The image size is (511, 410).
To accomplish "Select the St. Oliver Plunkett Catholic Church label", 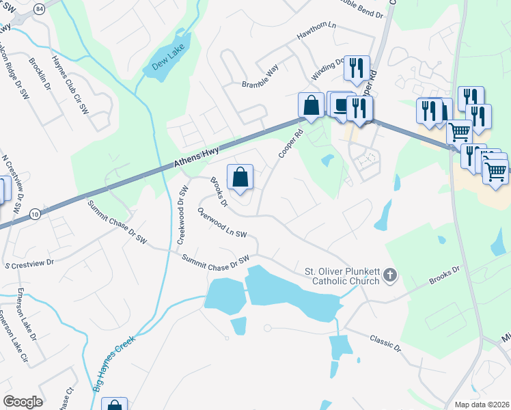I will point(341,277).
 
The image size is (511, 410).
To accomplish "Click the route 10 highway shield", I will point(36,215).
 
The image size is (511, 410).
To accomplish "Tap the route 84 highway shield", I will point(39,9).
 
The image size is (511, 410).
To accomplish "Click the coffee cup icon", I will point(340,105).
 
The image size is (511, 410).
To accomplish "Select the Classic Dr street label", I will point(385,342).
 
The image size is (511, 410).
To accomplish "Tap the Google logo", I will point(22,402).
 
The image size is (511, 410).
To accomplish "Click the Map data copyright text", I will point(482,405).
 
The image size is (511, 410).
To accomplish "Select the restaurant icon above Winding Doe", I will point(357,68).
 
